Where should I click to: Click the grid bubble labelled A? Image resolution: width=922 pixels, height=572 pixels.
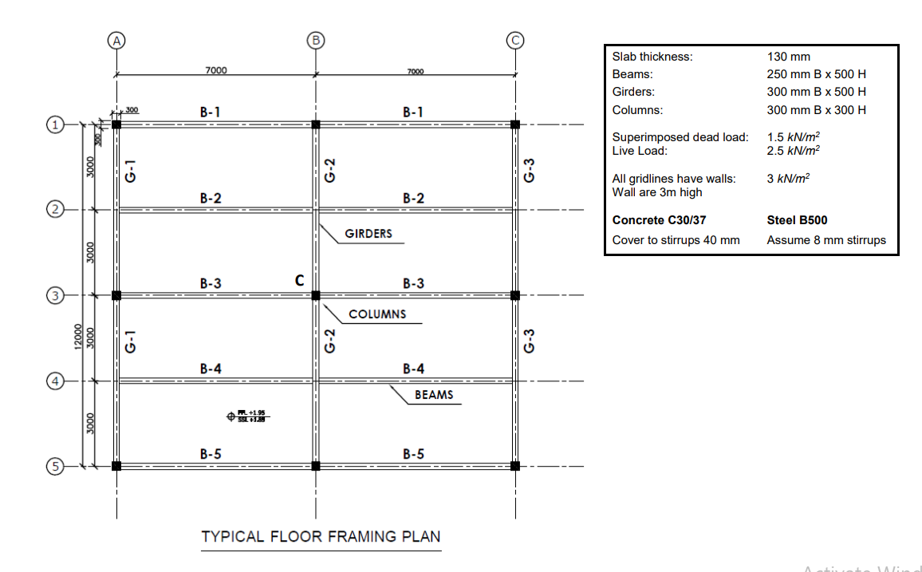click(x=117, y=40)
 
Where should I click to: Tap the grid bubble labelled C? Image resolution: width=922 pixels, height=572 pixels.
click(x=515, y=40)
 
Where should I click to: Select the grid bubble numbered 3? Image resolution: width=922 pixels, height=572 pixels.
click(x=55, y=295)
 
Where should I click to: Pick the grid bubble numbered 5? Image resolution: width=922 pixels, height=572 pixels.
click(x=55, y=467)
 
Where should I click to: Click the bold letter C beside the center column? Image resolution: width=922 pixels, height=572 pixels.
click(x=299, y=280)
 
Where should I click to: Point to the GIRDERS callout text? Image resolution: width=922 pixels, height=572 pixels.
click(x=368, y=235)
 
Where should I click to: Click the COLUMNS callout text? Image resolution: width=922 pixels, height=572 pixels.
click(x=377, y=314)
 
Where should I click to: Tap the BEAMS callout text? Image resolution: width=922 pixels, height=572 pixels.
click(x=434, y=395)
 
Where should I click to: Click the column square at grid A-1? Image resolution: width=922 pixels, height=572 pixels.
click(x=116, y=124)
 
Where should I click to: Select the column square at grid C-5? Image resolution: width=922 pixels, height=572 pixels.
click(x=515, y=466)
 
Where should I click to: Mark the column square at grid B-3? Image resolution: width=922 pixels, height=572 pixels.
click(x=316, y=295)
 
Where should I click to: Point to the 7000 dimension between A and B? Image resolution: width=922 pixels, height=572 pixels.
click(x=216, y=70)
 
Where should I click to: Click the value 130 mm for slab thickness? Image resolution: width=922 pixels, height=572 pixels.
click(x=788, y=57)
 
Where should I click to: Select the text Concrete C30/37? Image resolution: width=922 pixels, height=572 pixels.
click(x=659, y=220)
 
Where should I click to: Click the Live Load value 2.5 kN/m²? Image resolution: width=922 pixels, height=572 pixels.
click(x=793, y=150)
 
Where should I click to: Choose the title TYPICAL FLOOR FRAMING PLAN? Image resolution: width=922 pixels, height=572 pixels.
click(x=321, y=536)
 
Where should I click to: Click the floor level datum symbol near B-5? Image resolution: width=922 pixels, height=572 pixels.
click(x=232, y=415)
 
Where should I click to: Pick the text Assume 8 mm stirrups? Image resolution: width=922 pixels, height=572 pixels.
click(x=826, y=240)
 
